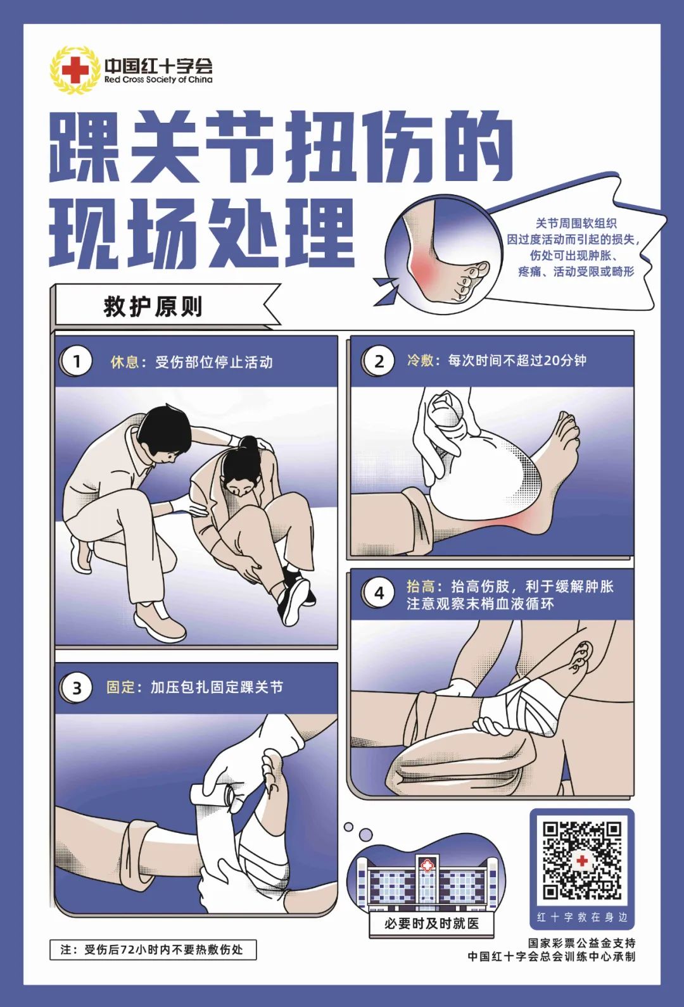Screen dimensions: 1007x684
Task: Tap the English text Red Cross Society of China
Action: coord(158,80)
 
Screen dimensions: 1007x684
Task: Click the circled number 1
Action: coord(77,361)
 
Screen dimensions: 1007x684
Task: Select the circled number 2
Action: coord(379,361)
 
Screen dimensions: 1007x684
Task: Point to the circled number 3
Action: coord(77,687)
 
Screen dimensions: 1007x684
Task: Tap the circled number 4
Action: coord(379,593)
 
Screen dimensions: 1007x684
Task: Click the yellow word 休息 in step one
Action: coord(124,362)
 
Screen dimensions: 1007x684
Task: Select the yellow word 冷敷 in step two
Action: coord(421,360)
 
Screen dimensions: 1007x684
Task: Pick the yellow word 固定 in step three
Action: coord(120,687)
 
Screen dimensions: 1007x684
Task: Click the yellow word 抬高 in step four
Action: coord(421,586)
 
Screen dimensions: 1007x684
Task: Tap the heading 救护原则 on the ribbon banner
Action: coord(153,306)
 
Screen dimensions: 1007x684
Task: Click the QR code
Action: coord(581,860)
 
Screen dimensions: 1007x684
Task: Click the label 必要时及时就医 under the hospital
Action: coord(431,923)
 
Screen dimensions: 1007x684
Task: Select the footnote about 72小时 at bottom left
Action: coord(153,949)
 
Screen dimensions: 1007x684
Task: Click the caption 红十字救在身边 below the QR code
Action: coord(581,916)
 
